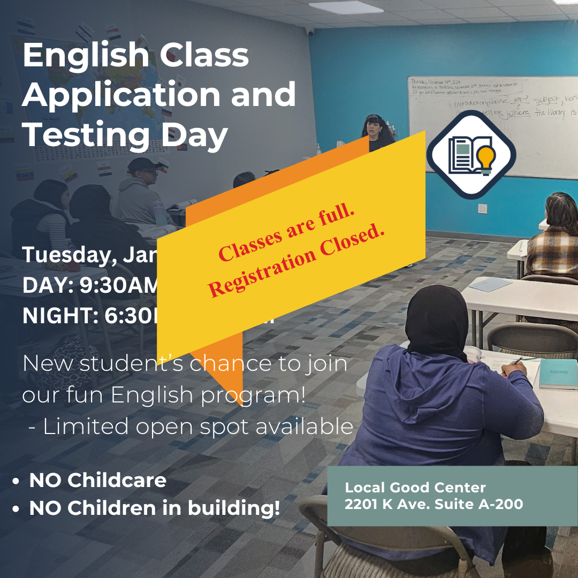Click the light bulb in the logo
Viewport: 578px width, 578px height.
[x=486, y=158]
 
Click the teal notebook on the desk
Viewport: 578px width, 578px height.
[x=558, y=374]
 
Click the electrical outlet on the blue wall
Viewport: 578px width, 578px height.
[x=482, y=208]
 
